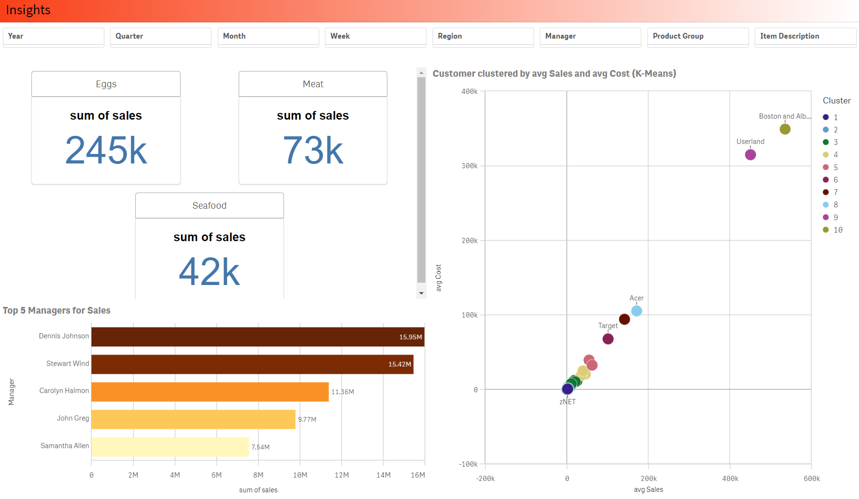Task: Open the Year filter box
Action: pyautogui.click(x=53, y=37)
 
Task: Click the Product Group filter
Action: pyautogui.click(x=697, y=37)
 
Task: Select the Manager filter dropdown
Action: pyautogui.click(x=590, y=37)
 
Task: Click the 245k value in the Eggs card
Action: pyautogui.click(x=106, y=151)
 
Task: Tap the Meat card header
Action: pyautogui.click(x=313, y=84)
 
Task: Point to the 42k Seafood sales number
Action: pyautogui.click(x=209, y=272)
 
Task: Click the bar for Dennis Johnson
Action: pyautogui.click(x=257, y=337)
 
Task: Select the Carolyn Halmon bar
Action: pyautogui.click(x=210, y=392)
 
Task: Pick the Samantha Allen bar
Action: pyautogui.click(x=170, y=447)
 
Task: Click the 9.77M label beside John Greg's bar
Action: pyautogui.click(x=307, y=419)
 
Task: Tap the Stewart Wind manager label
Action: pyautogui.click(x=67, y=364)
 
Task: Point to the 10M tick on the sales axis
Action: pyautogui.click(x=300, y=475)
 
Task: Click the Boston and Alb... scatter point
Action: pyautogui.click(x=785, y=129)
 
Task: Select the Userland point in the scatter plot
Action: pyautogui.click(x=750, y=155)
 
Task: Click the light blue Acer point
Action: pyautogui.click(x=637, y=311)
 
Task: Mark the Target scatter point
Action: pyautogui.click(x=608, y=339)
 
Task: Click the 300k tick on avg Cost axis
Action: pyautogui.click(x=469, y=166)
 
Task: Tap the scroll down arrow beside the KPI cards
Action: pyautogui.click(x=421, y=293)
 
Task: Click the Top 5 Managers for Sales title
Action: pyautogui.click(x=57, y=311)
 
